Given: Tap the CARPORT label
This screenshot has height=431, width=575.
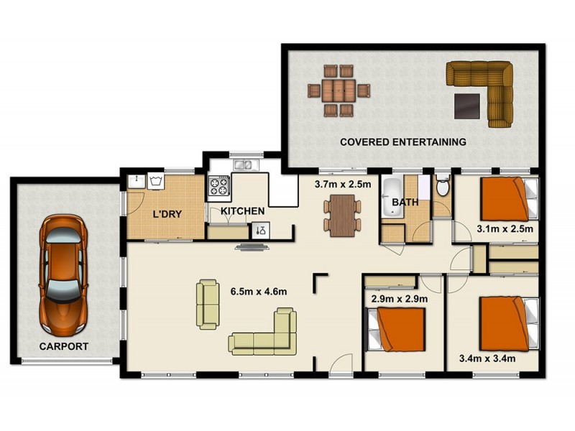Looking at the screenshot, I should pos(65,346).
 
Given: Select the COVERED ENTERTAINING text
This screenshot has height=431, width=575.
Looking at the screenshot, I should pos(402,142).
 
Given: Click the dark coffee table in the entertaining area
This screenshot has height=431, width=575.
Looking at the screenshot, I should pos(469,106).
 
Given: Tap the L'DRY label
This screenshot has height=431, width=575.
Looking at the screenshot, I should pos(166,214).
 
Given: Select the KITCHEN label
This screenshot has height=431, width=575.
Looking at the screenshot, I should pos(242,211).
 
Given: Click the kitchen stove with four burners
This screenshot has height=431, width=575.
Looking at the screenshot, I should pos(218,187).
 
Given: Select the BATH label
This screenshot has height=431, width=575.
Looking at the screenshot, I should pos(405,203).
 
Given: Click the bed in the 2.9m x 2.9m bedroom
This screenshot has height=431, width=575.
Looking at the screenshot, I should pos(397,328).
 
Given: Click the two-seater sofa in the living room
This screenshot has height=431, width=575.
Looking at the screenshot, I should pos(208,303).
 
